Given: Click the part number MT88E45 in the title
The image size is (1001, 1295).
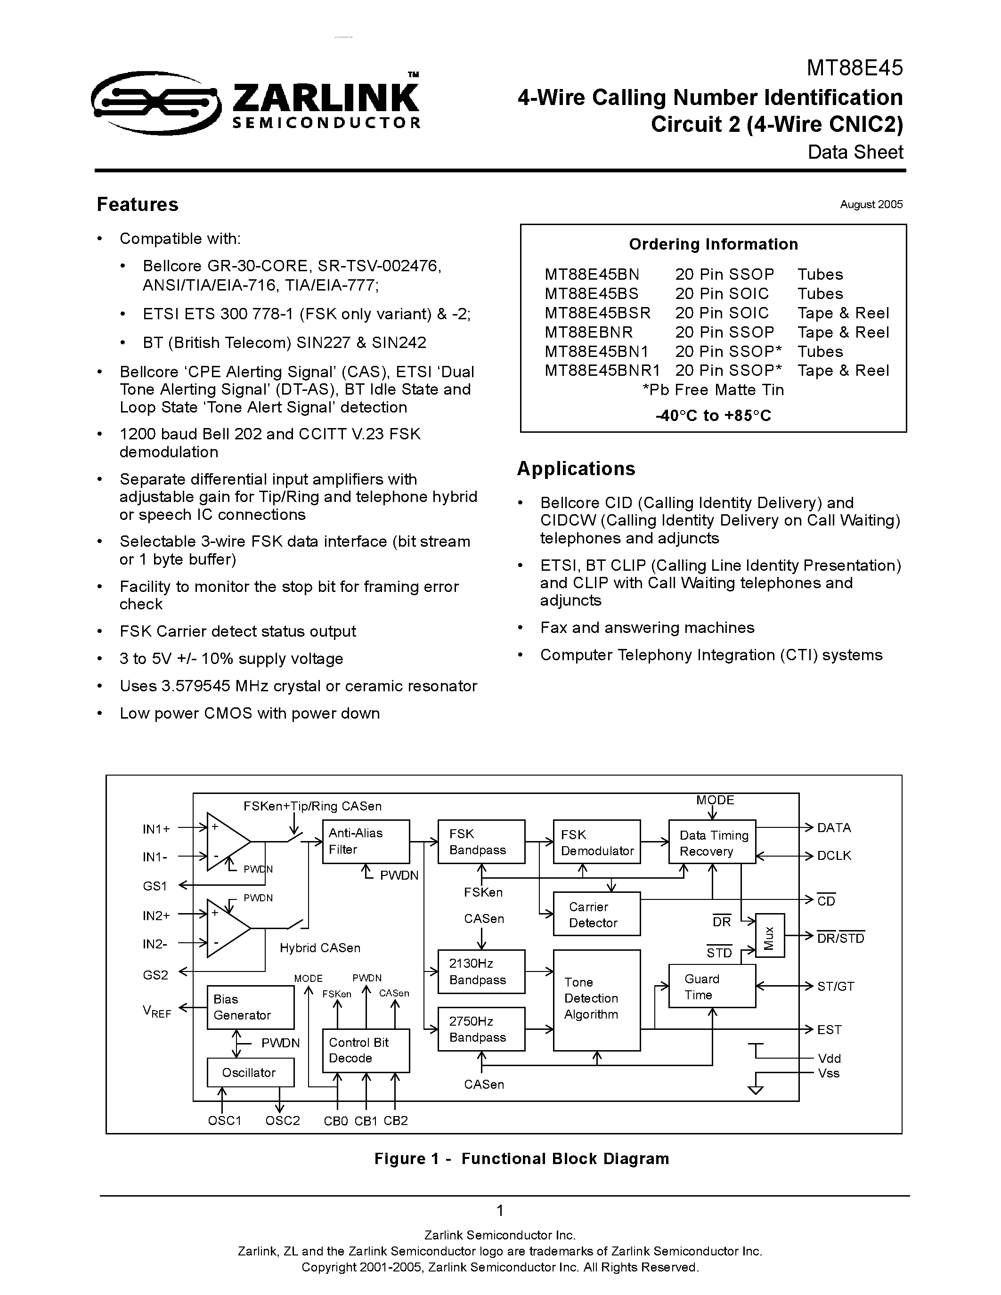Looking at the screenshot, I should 854,68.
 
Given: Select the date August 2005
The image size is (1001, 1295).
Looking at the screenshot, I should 871,204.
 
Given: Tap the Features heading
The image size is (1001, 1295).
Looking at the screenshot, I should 138,204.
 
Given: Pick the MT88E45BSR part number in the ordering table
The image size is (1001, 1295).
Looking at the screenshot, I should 597,313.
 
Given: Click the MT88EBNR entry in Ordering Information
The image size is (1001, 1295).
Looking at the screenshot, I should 588,332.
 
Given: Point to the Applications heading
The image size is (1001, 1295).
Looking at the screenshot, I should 576,469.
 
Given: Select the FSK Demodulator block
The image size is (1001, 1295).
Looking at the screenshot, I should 596,842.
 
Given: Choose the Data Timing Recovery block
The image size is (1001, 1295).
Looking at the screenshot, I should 712,842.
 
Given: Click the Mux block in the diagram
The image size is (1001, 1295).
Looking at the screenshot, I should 770,935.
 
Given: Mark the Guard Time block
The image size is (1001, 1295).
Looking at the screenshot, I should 712,986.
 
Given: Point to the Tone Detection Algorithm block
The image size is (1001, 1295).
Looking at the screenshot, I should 596,1000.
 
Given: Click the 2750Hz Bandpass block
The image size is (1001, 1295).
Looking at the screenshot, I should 481,1029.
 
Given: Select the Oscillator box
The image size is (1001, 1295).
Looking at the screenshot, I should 250,1072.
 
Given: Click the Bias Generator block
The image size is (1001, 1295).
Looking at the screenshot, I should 250,1007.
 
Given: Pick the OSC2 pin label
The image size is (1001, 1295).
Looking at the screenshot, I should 282,1120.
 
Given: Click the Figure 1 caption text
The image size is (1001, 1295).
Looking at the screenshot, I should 521,1158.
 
